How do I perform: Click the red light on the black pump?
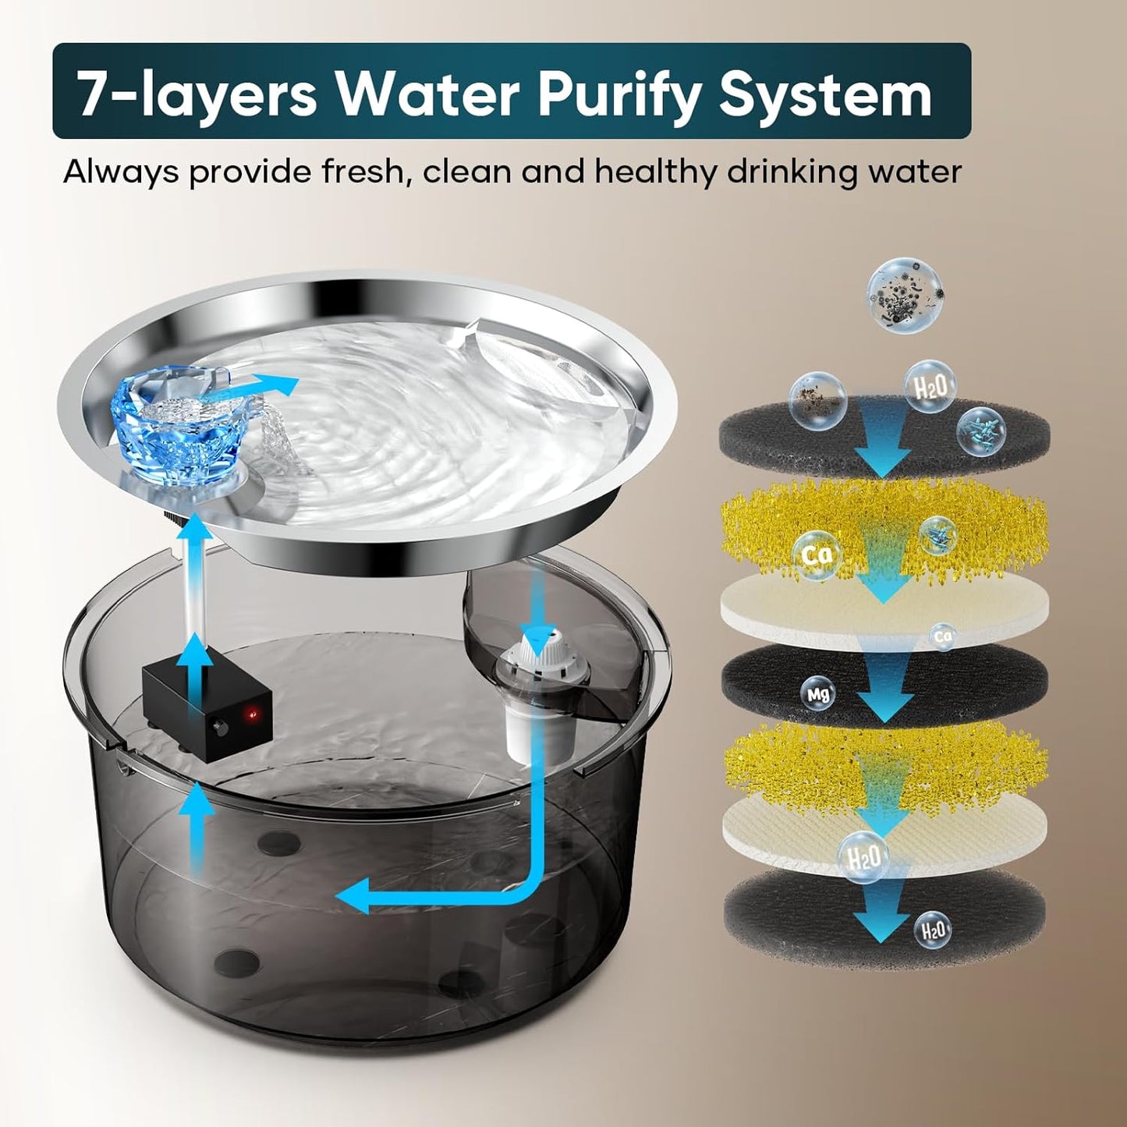(253, 714)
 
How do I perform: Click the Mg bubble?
(817, 694)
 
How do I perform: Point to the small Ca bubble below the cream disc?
(941, 636)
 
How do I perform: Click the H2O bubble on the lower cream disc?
(863, 858)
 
